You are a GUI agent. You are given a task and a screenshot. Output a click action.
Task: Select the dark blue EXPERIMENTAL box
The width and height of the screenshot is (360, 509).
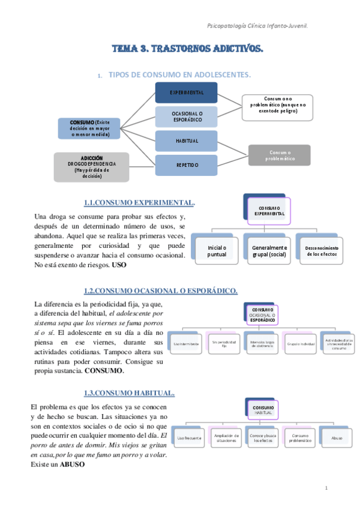(186, 92)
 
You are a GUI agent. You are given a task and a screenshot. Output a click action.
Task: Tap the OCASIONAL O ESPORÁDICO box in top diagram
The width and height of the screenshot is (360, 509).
(186, 116)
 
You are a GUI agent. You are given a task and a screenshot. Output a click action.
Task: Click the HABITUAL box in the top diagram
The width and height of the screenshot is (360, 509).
(186, 140)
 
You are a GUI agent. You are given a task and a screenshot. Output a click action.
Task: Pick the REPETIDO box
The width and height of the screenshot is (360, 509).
(186, 164)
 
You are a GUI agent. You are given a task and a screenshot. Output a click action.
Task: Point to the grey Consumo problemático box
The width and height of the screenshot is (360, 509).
(280, 155)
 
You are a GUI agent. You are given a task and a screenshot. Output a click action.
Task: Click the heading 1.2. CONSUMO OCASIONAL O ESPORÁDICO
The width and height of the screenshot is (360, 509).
(161, 291)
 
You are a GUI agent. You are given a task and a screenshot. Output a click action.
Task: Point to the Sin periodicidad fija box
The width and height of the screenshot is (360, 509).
(223, 344)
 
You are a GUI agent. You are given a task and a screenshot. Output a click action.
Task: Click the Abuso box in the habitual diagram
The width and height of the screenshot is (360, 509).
(337, 438)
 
